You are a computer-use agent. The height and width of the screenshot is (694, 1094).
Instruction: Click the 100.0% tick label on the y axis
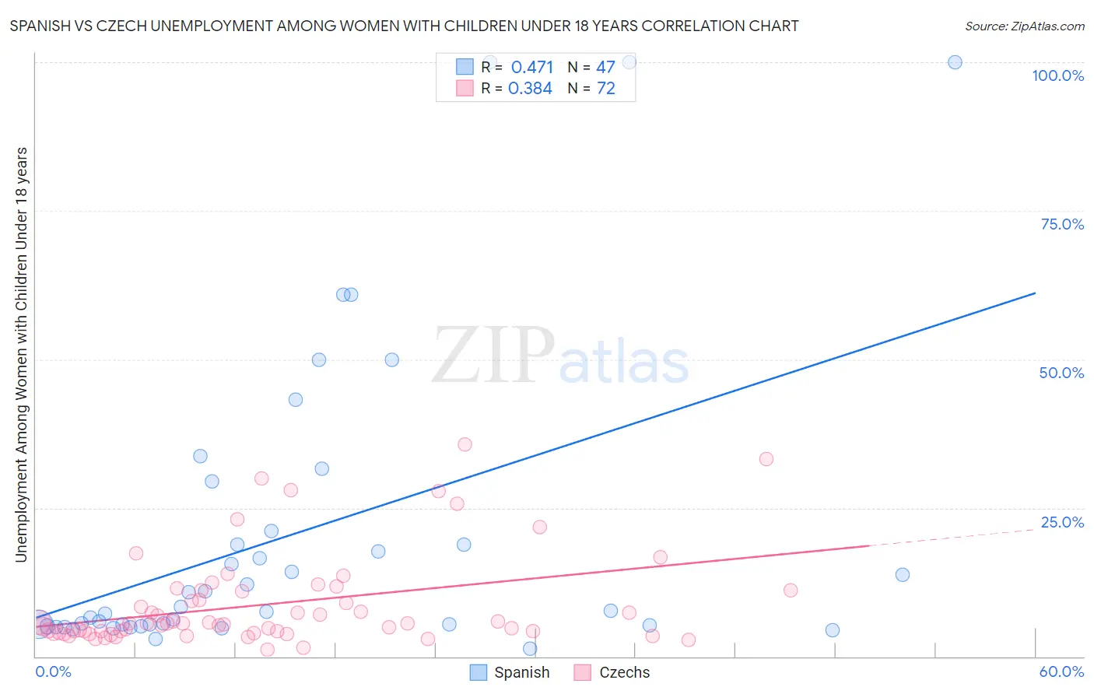(x=1057, y=75)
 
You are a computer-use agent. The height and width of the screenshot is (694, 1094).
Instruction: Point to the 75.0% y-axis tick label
(x=1062, y=224)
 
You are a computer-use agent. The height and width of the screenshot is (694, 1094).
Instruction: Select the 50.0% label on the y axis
(x=1061, y=373)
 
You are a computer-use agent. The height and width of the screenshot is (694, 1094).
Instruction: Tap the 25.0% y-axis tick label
(x=1062, y=522)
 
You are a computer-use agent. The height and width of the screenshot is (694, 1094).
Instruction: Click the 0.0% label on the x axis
(x=53, y=671)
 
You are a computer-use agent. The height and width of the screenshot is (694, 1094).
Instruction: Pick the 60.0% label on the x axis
(x=1061, y=671)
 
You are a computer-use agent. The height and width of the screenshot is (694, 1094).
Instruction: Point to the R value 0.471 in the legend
(x=532, y=68)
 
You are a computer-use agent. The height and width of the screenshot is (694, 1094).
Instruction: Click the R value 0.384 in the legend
(x=530, y=89)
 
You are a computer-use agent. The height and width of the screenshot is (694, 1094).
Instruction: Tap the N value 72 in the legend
(x=606, y=89)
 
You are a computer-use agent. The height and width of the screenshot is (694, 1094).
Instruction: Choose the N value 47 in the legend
(x=606, y=68)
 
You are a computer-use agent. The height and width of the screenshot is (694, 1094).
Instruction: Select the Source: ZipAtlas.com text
(x=1025, y=26)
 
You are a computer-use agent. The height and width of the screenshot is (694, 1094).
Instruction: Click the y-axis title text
(x=21, y=354)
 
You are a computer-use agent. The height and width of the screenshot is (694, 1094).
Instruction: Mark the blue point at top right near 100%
(x=955, y=62)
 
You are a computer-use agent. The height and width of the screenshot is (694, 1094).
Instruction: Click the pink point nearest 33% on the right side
(x=766, y=459)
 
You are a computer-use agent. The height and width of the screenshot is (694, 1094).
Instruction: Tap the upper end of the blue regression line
(x=1035, y=293)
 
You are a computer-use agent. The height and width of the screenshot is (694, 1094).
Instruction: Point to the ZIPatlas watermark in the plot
(x=560, y=356)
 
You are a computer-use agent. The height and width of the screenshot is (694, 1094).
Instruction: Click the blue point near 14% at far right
(x=903, y=575)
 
